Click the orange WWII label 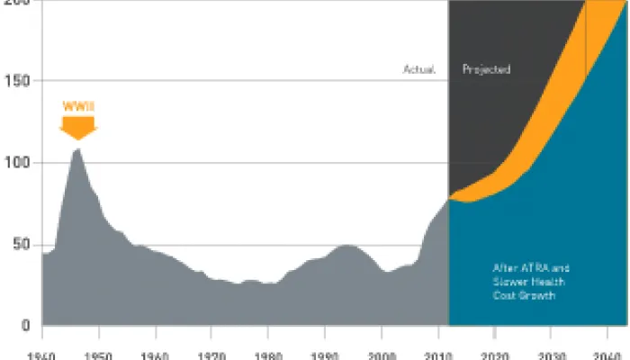[77, 106]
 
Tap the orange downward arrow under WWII [77, 128]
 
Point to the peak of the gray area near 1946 [77, 148]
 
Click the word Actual [419, 69]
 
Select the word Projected [486, 69]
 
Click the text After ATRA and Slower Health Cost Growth [531, 282]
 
